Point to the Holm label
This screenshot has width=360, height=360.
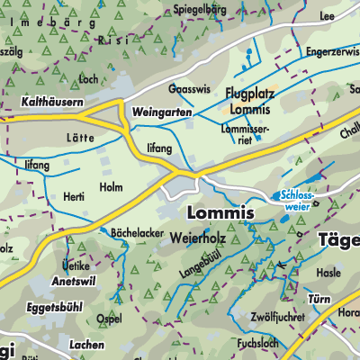pos(111,187)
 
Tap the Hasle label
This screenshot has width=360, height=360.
pos(330,273)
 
